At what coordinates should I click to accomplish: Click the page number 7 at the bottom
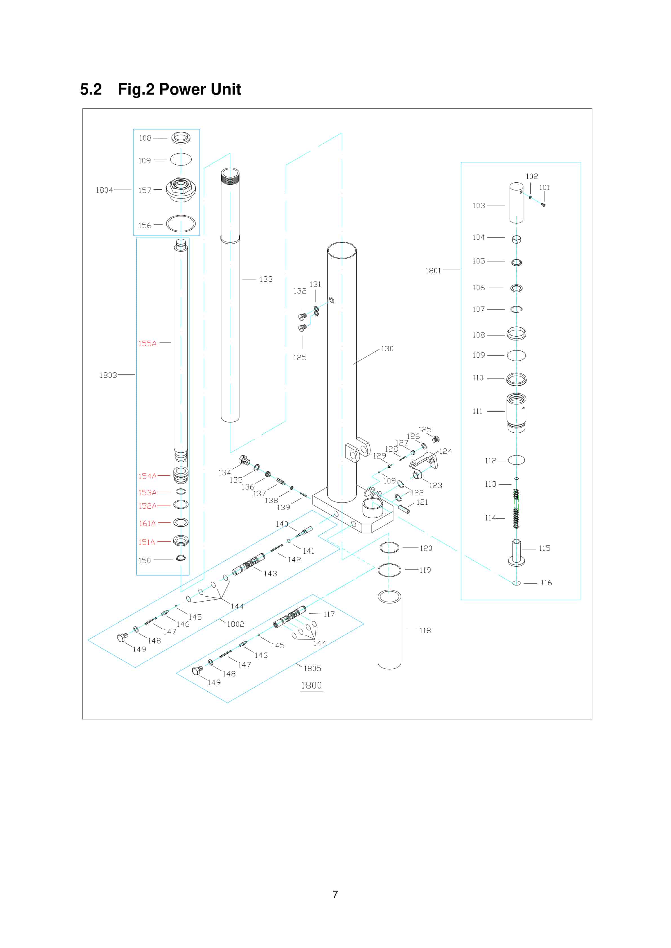pyautogui.click(x=335, y=894)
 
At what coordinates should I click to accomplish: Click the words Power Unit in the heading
pyautogui.click(x=200, y=89)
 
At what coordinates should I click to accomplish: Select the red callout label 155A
pyautogui.click(x=148, y=343)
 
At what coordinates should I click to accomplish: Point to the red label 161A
pyautogui.click(x=148, y=524)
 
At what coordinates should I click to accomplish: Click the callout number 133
pyautogui.click(x=266, y=280)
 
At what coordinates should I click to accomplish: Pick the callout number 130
pyautogui.click(x=387, y=349)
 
